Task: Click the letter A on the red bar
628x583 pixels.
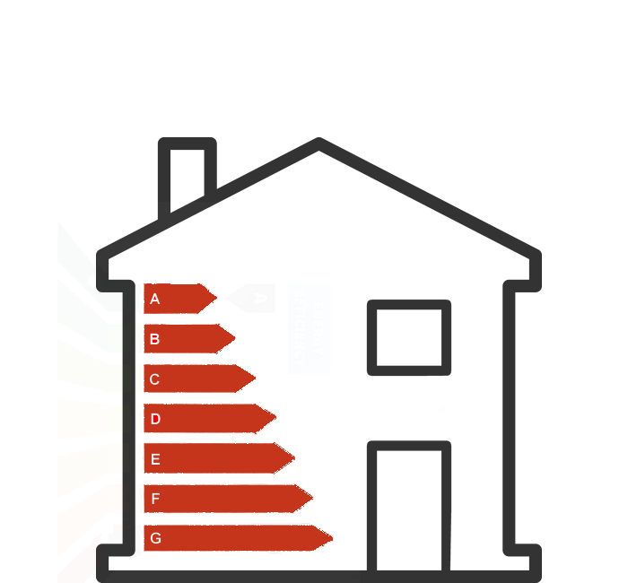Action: [155, 299]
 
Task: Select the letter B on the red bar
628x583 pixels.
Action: [155, 339]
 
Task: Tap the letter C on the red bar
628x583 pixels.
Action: [155, 379]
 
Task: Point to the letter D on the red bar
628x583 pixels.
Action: [155, 419]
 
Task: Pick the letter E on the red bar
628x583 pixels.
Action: [155, 459]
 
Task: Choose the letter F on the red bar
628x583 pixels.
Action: [155, 499]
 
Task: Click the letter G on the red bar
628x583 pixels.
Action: [155, 538]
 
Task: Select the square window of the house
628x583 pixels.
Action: [408, 337]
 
